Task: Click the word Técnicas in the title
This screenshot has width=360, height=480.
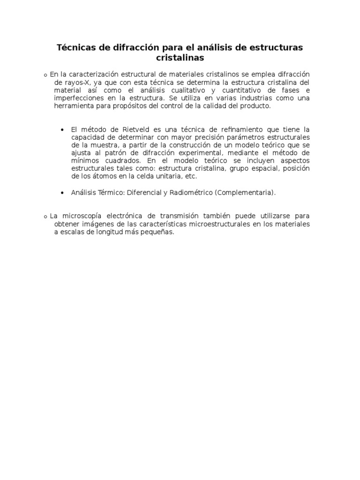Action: click(x=75, y=48)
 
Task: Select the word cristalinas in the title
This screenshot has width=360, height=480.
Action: click(x=180, y=58)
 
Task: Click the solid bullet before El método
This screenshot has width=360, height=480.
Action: click(x=62, y=130)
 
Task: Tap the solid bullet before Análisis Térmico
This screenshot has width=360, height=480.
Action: click(x=62, y=193)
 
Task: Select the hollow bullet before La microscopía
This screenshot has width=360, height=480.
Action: click(x=45, y=217)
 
